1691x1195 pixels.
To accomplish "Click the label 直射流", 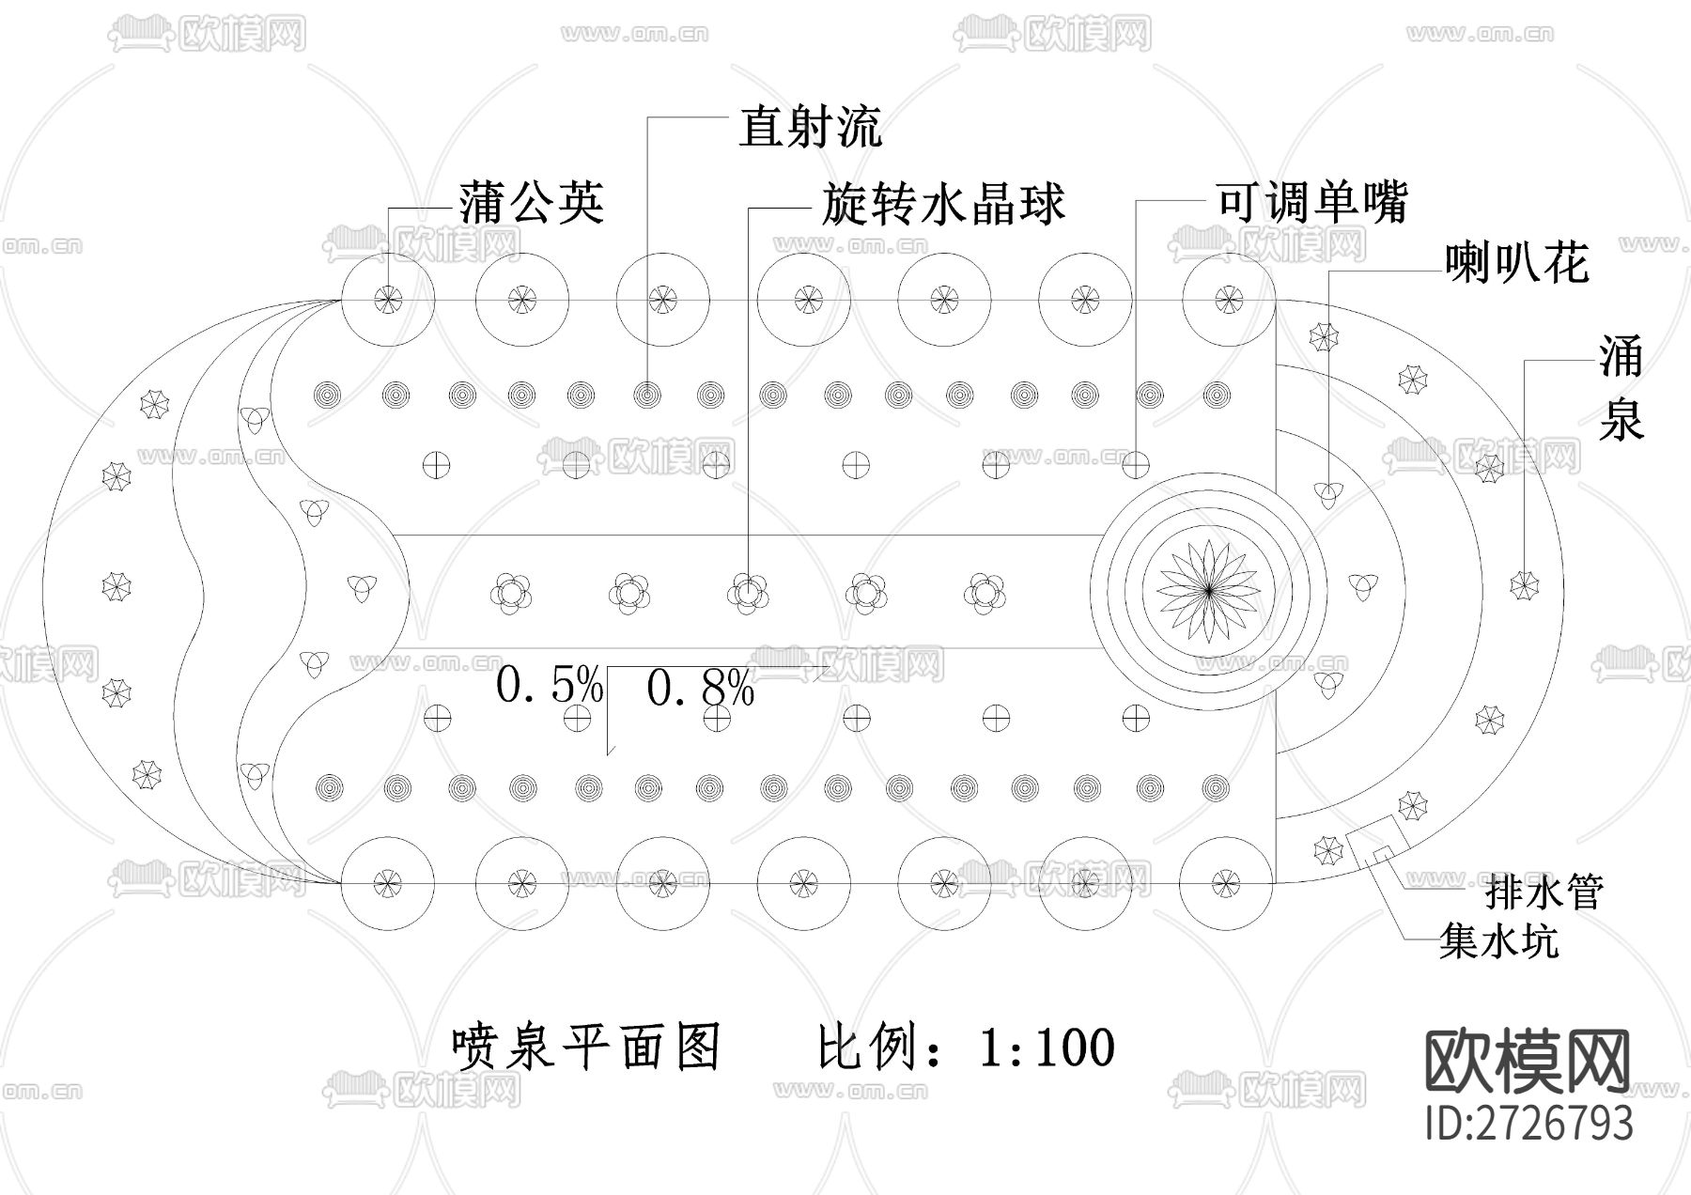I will (x=810, y=127).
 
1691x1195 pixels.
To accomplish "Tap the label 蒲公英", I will (x=531, y=202).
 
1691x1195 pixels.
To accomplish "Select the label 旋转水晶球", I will (x=943, y=204).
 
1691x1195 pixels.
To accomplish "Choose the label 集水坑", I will (x=1498, y=940).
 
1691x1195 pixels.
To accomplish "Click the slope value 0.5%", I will (x=549, y=686).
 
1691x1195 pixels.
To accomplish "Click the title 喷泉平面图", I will (x=587, y=1048).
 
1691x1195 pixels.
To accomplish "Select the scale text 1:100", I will (x=1046, y=1048).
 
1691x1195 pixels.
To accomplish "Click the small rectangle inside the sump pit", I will (x=1381, y=853).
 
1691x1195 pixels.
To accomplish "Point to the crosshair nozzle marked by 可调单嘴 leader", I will (x=1137, y=463).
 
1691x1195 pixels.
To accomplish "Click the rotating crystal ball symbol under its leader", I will (x=748, y=593).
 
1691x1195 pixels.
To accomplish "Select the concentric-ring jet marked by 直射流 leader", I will (x=646, y=395).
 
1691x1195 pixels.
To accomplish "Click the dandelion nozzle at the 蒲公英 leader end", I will (x=387, y=300).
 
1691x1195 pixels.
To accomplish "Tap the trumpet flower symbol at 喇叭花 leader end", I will (x=1327, y=491).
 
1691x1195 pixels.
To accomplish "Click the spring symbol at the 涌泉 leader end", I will (x=1524, y=583).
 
